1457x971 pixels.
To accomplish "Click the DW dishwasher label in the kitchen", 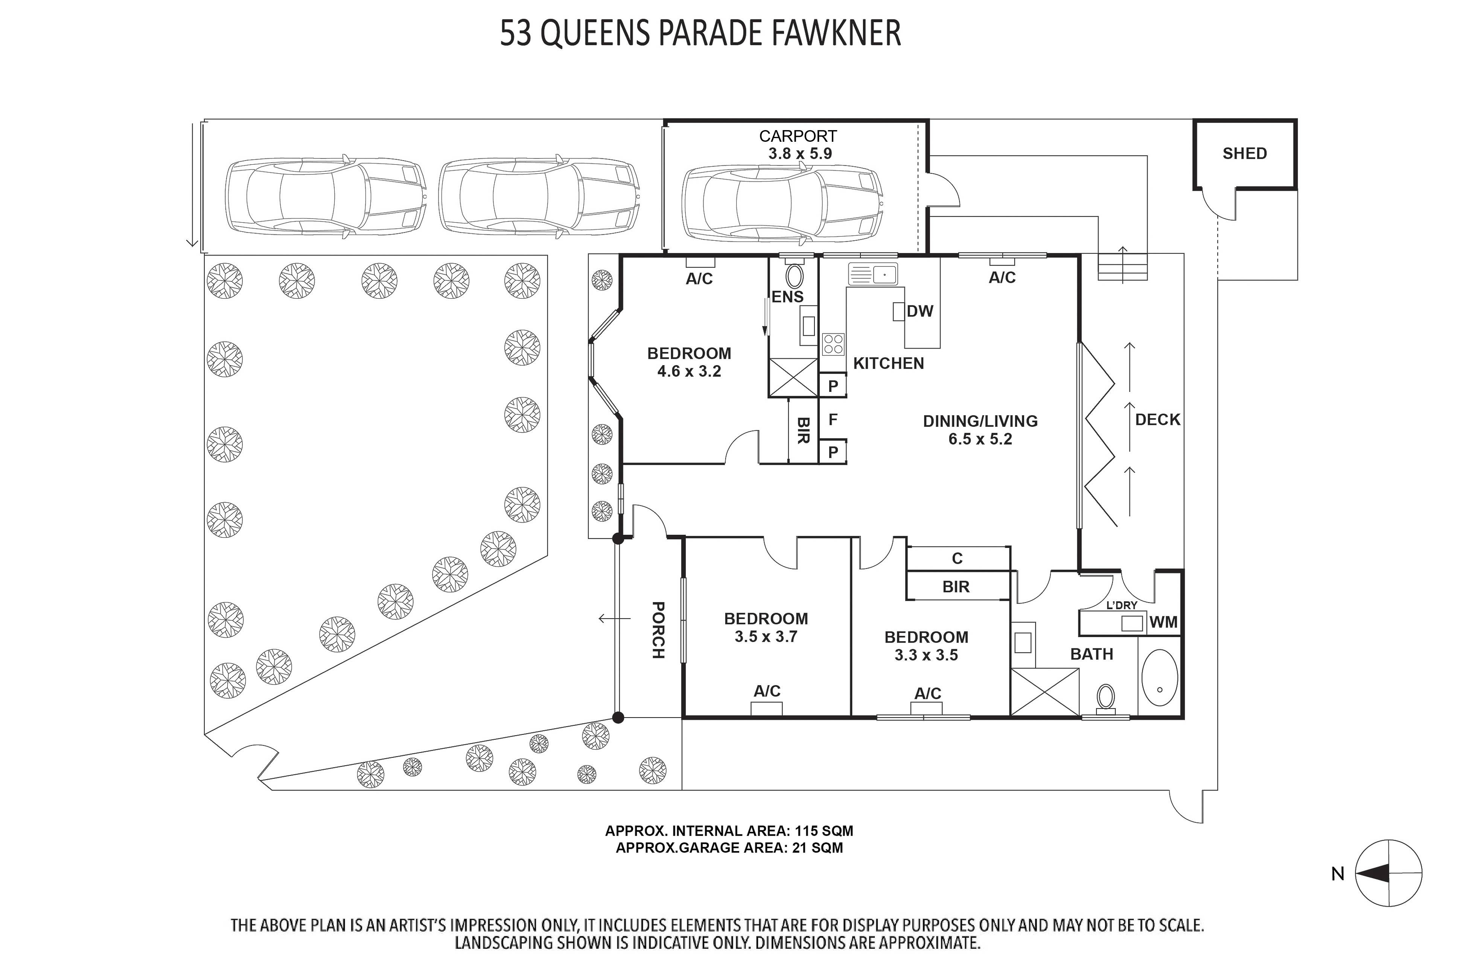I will [x=919, y=311].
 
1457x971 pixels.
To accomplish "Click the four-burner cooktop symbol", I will [x=833, y=344].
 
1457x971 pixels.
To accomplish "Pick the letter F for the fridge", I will [x=833, y=420].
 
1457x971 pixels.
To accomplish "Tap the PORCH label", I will [x=658, y=630].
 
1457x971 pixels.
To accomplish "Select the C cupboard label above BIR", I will [x=957, y=558].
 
